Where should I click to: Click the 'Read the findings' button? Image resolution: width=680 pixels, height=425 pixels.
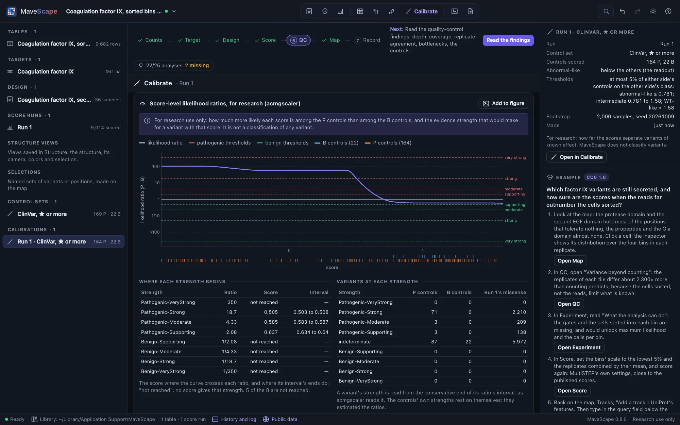click(508, 40)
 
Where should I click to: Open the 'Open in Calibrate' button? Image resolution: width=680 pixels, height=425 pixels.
click(576, 157)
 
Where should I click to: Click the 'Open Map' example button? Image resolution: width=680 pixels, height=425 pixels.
click(570, 261)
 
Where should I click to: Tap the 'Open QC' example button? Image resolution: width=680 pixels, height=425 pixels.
click(569, 304)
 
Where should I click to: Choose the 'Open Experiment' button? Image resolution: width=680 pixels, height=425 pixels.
click(579, 347)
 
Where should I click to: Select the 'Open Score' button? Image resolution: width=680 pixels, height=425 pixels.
click(572, 391)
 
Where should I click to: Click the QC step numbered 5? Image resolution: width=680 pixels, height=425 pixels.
click(299, 40)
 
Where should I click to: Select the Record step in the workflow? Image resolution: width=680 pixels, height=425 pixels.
click(367, 40)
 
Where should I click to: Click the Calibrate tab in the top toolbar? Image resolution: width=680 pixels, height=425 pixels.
click(421, 11)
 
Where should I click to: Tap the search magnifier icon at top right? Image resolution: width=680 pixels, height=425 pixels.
click(606, 11)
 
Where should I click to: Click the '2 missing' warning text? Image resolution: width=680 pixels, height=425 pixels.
click(197, 66)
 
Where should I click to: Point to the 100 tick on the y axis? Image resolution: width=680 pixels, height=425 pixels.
click(156, 166)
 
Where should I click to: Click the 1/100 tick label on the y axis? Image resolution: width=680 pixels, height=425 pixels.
click(154, 232)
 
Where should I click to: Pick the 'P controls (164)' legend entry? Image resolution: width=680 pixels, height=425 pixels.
click(388, 143)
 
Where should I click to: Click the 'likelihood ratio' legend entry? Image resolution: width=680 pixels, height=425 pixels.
click(161, 143)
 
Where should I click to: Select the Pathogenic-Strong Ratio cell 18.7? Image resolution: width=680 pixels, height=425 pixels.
click(232, 312)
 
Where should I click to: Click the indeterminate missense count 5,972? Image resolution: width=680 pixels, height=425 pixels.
click(519, 342)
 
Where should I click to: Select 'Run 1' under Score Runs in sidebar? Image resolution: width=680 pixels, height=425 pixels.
click(24, 128)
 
